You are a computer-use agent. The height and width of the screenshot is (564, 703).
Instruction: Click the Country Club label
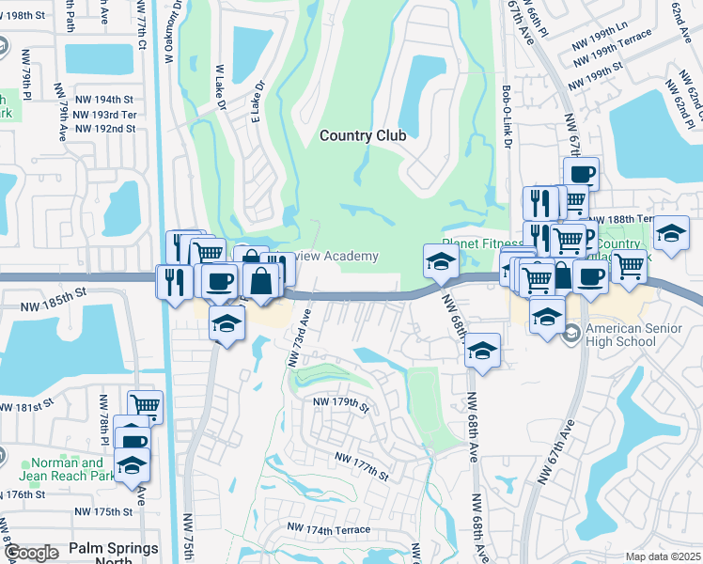[x=363, y=135]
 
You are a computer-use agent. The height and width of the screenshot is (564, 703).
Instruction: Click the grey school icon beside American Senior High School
[x=570, y=332]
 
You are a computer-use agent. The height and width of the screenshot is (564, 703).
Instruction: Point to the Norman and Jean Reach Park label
[x=67, y=469]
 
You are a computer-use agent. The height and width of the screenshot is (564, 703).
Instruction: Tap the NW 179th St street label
[x=341, y=404]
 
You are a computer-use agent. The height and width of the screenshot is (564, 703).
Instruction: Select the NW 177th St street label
[x=361, y=465]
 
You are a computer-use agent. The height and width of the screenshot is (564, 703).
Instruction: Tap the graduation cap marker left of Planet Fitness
[x=439, y=263]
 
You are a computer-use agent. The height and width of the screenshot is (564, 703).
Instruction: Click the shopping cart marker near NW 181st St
[x=145, y=406]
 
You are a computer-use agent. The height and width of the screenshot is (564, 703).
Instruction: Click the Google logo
[x=31, y=554]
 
